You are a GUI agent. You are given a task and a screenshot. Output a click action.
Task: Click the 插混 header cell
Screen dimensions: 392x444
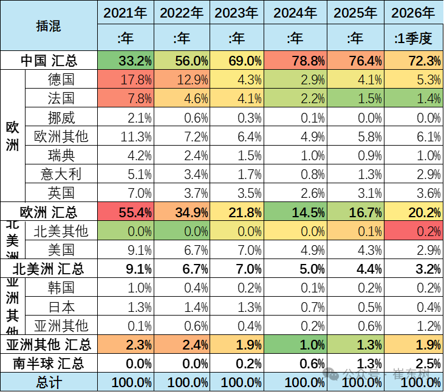coord(49,26)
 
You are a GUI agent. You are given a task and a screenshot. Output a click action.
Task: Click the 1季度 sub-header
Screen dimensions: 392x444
coord(413,39)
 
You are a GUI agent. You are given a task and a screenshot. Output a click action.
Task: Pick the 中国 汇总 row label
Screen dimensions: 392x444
coord(49,61)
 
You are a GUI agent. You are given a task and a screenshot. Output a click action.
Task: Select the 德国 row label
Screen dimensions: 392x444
coord(61,80)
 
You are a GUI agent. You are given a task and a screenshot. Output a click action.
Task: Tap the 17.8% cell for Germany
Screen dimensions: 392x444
coord(125,80)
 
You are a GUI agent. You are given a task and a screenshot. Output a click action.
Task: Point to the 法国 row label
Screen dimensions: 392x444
coord(61,99)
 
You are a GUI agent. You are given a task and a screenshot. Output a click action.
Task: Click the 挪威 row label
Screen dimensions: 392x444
coord(61,118)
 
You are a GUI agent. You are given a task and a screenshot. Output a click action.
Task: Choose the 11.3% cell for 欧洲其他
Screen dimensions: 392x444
coord(125,137)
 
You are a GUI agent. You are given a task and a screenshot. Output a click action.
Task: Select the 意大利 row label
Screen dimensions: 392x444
coord(61,175)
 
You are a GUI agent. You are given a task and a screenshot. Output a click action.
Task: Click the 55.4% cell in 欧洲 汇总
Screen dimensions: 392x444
coord(125,212)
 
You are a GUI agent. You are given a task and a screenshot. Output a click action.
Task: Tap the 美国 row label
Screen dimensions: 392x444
coord(61,250)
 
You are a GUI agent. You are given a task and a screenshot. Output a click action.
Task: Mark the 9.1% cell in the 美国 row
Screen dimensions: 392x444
coord(125,250)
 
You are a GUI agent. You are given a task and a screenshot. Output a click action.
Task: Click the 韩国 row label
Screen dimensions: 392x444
coord(61,288)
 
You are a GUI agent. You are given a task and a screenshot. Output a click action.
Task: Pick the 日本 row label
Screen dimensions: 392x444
coord(61,307)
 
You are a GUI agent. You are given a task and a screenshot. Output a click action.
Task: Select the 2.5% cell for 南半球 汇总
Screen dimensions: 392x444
coord(413,363)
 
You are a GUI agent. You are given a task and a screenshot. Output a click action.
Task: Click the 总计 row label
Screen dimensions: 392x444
coord(49,382)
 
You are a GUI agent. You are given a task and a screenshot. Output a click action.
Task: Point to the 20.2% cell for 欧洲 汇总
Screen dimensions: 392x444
coord(413,212)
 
